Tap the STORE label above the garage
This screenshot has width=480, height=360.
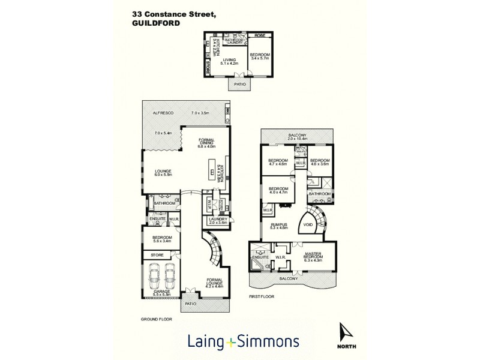coord(157,255)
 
